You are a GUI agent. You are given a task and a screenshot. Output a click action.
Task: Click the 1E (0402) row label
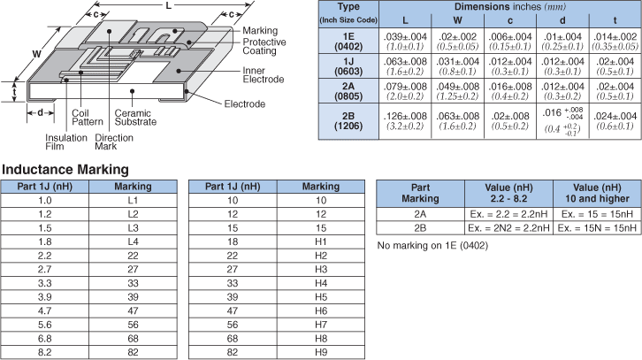point(349,41)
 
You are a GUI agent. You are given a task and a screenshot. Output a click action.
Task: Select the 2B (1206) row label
point(349,121)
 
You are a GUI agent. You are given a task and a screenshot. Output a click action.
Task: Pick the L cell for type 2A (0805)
point(406,91)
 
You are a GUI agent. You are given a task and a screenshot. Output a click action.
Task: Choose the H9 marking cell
point(320,353)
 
